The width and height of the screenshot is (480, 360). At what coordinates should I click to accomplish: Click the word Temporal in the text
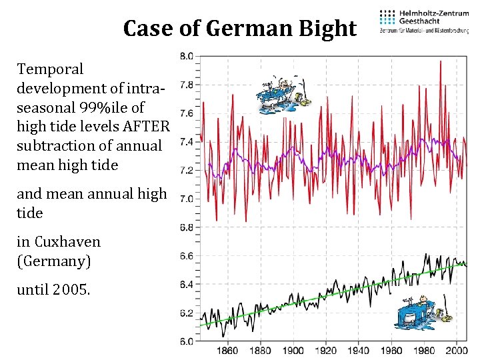pyautogui.click(x=50, y=69)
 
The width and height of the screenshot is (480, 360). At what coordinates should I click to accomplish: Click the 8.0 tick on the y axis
pyautogui.click(x=187, y=56)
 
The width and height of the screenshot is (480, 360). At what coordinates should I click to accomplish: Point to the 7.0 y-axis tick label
pyautogui.click(x=187, y=199)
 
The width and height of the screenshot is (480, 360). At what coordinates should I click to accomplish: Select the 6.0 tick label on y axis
pyautogui.click(x=187, y=342)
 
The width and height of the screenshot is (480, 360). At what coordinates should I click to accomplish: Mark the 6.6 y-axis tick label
pyautogui.click(x=187, y=256)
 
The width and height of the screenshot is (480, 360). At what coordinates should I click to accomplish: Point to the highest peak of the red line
pyautogui.click(x=441, y=61)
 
